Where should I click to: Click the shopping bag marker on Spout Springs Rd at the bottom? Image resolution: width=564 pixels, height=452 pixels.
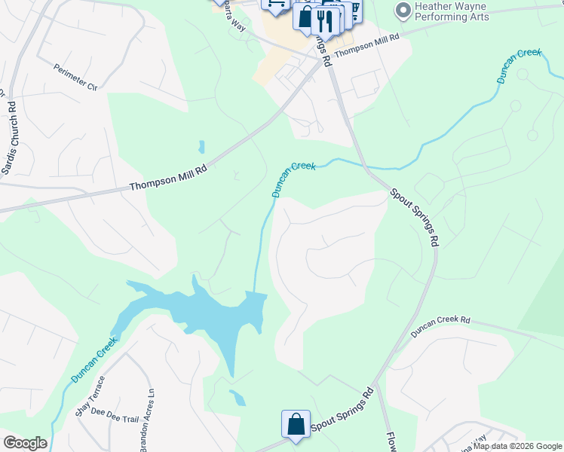[296, 424]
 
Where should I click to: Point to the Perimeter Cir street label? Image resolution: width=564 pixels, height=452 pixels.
[76, 78]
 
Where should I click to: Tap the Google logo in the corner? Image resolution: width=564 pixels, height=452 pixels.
[24, 443]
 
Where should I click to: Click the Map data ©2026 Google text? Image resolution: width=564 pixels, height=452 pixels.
[517, 446]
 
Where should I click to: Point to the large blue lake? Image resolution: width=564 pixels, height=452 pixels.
[204, 310]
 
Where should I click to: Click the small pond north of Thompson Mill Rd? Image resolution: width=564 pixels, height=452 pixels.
[201, 146]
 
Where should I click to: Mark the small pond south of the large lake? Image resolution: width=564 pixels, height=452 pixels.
[237, 397]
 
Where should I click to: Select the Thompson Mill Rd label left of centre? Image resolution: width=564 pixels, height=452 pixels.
[167, 178]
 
